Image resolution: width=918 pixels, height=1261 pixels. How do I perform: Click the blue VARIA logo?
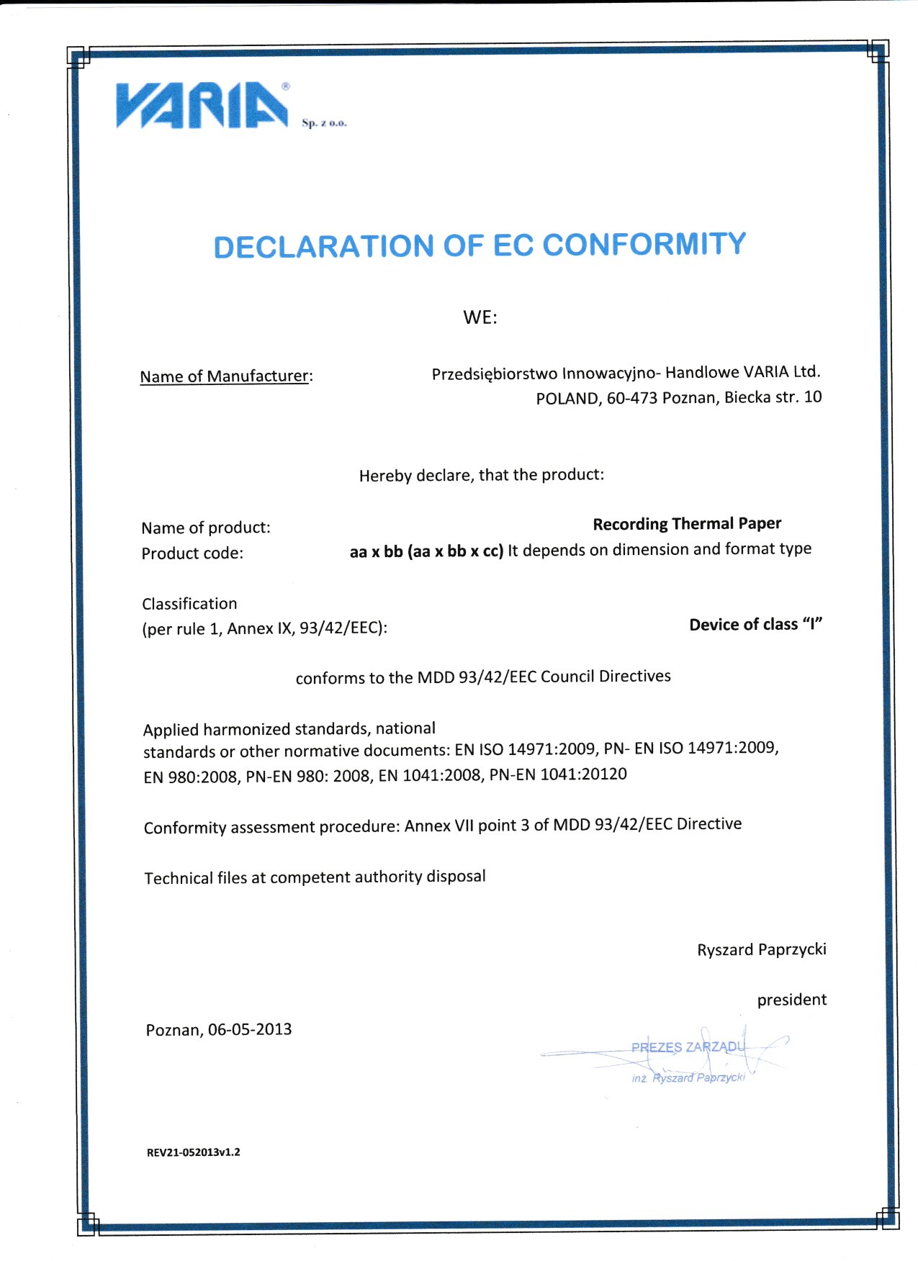pos(202,107)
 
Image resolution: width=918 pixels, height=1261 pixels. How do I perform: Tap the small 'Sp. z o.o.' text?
pos(324,123)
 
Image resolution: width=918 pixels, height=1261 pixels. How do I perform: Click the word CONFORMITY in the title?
pos(644,245)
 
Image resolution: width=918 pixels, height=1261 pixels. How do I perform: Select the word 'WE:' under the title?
pos(480,317)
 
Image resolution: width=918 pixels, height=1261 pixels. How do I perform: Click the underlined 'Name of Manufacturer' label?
pos(224,376)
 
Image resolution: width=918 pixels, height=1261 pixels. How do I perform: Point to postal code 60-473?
pos(631,398)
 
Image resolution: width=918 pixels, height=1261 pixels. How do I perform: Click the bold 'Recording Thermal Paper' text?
pos(687,524)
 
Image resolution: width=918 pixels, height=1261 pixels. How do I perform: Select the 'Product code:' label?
pos(192,553)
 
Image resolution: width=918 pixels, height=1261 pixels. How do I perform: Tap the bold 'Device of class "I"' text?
pos(755,625)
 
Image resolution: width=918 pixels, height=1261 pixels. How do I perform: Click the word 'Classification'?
pos(189,604)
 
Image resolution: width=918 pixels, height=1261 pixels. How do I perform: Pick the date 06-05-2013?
pos(250,1030)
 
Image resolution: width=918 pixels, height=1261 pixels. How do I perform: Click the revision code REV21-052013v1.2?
pos(193,1152)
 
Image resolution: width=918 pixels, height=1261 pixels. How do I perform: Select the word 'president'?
pos(791,1000)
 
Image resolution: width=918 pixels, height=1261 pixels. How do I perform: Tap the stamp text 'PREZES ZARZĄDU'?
pos(687,1047)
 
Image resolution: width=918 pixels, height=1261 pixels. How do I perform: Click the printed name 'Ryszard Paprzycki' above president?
pos(761,950)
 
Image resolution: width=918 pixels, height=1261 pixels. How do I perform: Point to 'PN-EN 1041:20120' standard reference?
pos(558,775)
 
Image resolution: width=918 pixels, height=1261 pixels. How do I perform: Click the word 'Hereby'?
pos(385,476)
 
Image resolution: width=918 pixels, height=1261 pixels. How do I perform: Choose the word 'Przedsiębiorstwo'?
pos(494,374)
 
